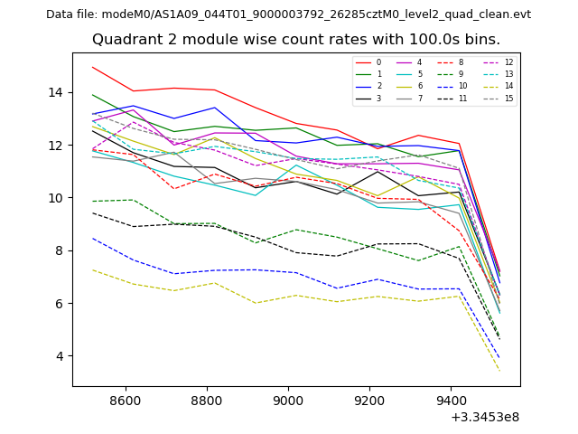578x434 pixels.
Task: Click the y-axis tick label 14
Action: click(x=56, y=92)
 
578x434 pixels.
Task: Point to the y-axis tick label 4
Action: click(x=60, y=355)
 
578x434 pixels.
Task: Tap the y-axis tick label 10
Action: click(x=56, y=198)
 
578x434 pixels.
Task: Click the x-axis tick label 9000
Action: click(x=288, y=400)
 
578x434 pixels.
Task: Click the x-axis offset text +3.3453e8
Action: click(x=484, y=416)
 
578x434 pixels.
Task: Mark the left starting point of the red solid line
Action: click(x=92, y=67)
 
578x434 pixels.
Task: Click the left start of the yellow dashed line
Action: click(x=92, y=269)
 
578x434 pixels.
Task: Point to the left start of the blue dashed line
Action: click(x=92, y=239)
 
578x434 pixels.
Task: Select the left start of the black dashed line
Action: click(x=92, y=213)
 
